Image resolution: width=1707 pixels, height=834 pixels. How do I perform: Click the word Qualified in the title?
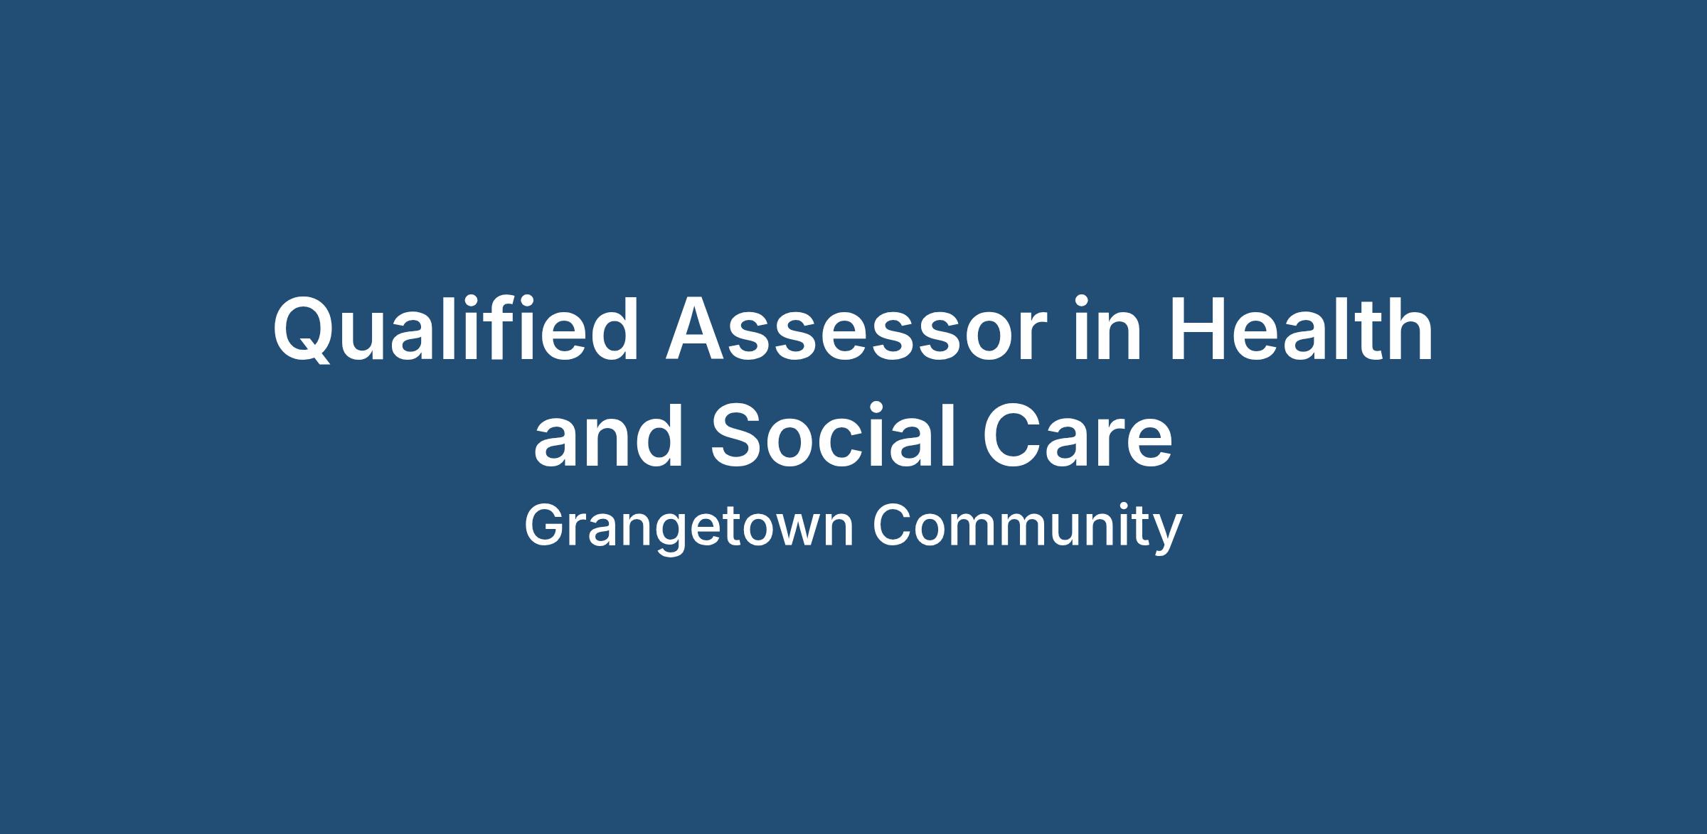coord(456,329)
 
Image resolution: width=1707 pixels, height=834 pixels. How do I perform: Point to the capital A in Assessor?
coord(697,328)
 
